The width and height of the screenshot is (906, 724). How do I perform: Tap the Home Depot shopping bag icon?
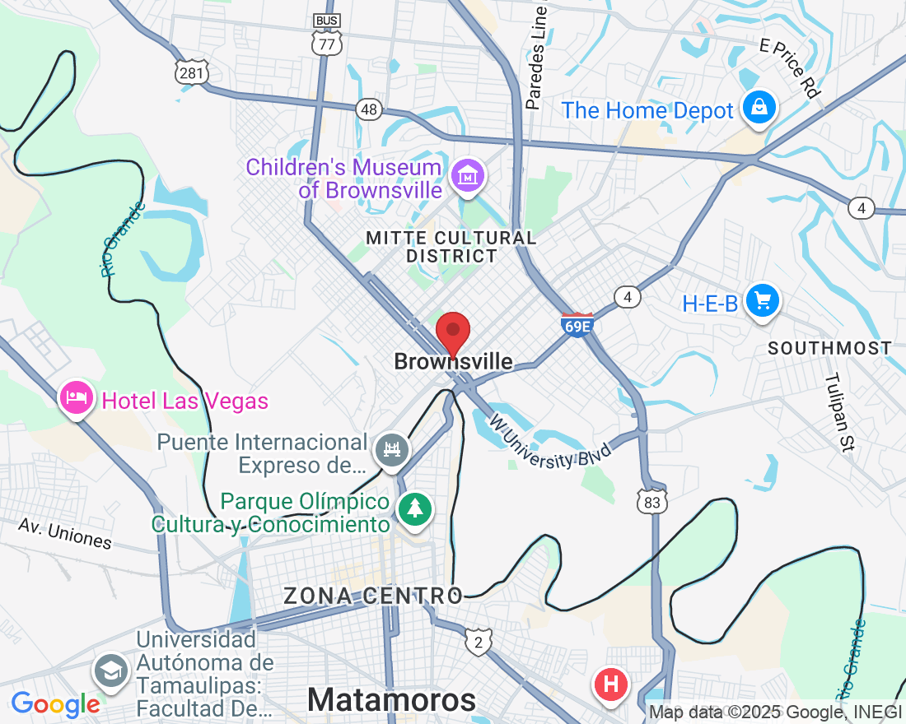point(759,108)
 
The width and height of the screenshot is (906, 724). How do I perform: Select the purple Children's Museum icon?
point(468,175)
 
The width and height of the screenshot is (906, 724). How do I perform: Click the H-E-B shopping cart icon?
point(763,301)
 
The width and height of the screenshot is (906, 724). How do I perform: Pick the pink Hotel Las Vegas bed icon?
point(76,398)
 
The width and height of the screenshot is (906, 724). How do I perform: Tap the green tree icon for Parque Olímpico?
point(415,508)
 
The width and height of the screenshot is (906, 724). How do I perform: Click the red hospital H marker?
point(611,684)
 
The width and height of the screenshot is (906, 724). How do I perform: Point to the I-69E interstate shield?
point(577,324)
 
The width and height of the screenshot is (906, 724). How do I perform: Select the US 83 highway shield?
point(652,501)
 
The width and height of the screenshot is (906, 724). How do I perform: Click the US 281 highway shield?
point(191,72)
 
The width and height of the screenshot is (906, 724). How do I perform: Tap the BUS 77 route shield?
point(327,39)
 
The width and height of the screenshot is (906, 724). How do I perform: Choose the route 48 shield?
point(369,109)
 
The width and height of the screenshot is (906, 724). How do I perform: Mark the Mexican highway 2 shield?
point(478,641)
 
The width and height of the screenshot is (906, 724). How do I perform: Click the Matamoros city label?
point(391,699)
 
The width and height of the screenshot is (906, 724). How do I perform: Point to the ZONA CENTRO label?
point(373,596)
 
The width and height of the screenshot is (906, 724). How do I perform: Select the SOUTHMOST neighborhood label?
point(829,348)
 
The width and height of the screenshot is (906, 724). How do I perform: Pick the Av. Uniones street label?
point(65,534)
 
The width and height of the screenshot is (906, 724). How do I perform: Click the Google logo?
point(55,704)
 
